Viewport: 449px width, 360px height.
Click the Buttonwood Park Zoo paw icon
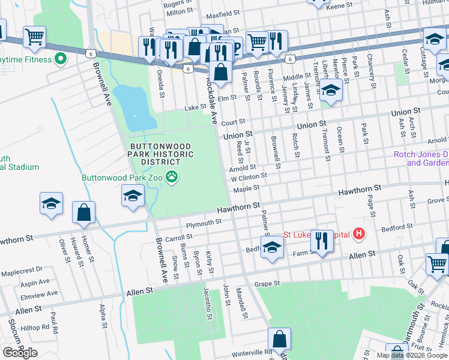coord(173,177)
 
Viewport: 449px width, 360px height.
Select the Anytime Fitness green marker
coord(59,59)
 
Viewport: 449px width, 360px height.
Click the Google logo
coord(20,353)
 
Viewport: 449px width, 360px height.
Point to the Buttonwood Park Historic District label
coord(161,154)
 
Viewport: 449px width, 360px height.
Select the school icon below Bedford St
coord(272,248)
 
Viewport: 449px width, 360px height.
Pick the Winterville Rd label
coord(253,352)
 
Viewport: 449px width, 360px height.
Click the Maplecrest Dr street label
coord(22,270)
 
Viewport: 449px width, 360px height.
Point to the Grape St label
coord(267,283)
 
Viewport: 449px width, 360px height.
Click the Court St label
coord(233,122)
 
